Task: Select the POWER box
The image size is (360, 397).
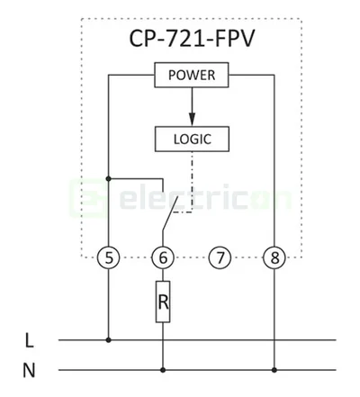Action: [x=191, y=75]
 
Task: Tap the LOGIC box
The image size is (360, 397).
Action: [x=190, y=139]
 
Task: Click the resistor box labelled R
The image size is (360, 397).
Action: [x=163, y=303]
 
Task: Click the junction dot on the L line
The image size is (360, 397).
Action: [x=108, y=340]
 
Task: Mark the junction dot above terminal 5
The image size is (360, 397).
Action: [x=108, y=178]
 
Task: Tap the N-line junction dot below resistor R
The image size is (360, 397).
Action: [x=163, y=369]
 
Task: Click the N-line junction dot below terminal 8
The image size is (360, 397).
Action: [x=274, y=369]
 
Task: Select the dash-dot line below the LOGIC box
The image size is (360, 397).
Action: [x=191, y=180]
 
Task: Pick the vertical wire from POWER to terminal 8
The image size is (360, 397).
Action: [x=274, y=162]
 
